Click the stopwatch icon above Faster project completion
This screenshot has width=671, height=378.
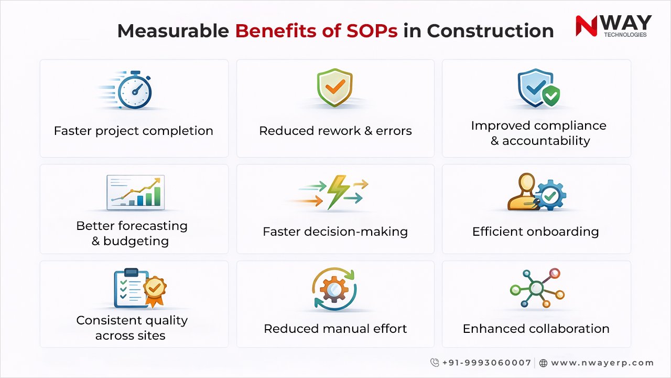click(x=134, y=91)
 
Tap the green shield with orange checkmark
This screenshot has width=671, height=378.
click(x=334, y=88)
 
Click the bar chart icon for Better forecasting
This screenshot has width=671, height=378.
click(x=135, y=192)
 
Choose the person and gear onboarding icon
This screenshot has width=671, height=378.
click(x=536, y=192)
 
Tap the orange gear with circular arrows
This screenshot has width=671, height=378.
click(x=334, y=289)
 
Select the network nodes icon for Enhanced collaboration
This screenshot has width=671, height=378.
click(x=536, y=288)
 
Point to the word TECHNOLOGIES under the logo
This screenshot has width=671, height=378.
click(x=625, y=35)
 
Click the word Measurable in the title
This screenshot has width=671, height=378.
click(x=173, y=31)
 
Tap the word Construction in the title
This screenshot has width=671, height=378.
click(x=490, y=31)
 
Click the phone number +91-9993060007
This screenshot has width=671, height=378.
click(x=486, y=363)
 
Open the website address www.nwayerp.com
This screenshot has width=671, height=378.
click(x=602, y=363)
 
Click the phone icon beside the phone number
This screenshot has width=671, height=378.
click(x=435, y=363)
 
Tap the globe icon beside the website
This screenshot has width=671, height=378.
click(x=543, y=363)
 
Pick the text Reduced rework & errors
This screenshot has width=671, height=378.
click(x=335, y=131)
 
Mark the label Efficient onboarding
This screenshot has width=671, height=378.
click(x=535, y=232)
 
